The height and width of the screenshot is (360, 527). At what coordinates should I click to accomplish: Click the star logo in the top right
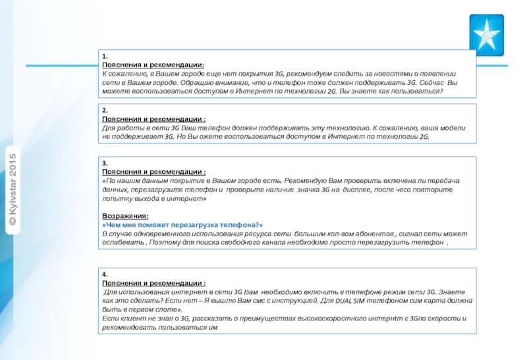tap(490, 32)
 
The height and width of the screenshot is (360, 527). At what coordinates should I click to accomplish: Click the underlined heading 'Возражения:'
tap(125, 216)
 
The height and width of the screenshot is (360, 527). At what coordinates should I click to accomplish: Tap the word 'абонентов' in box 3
tap(372, 234)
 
